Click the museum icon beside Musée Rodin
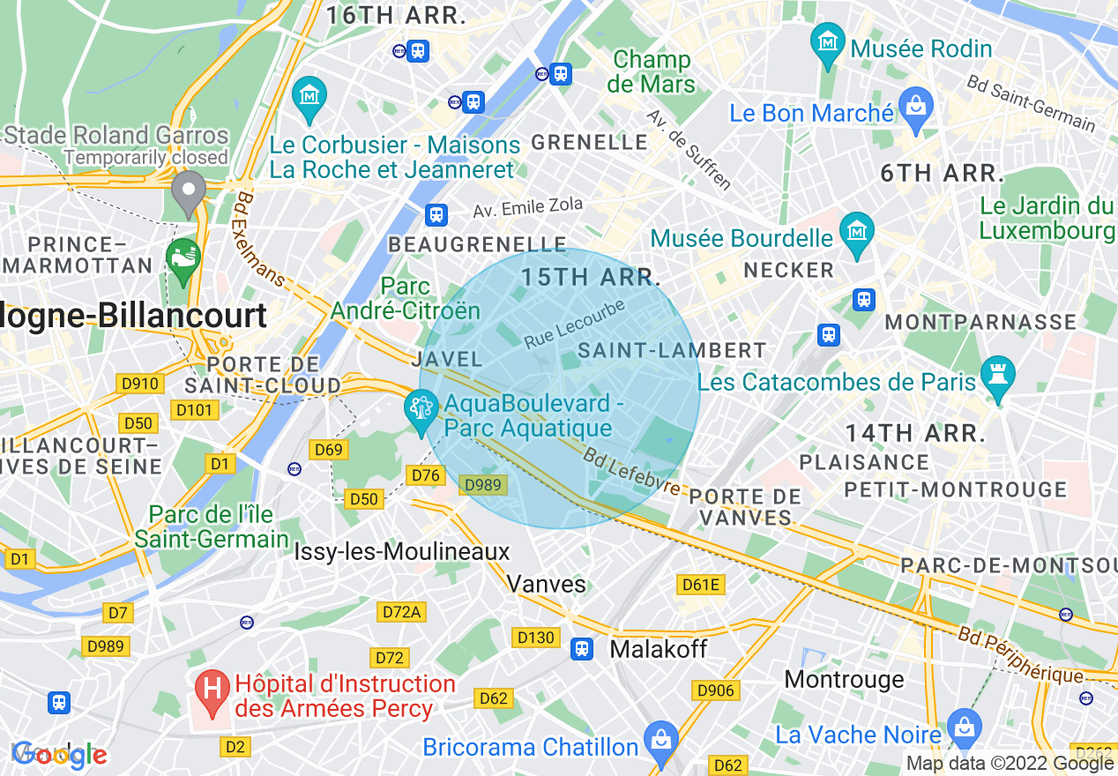pos(828,43)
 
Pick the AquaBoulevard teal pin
pos(421,409)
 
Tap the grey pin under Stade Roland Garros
pos(188,190)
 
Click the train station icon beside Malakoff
pos(581,649)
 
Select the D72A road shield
pos(401,611)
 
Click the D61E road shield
pos(701,584)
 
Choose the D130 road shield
pos(535,637)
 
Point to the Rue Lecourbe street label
pos(574,325)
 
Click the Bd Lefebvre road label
pos(631,474)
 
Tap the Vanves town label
pos(547,584)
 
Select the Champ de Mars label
pos(652,72)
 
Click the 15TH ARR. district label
pos(590,277)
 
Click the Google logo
pos(59,754)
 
